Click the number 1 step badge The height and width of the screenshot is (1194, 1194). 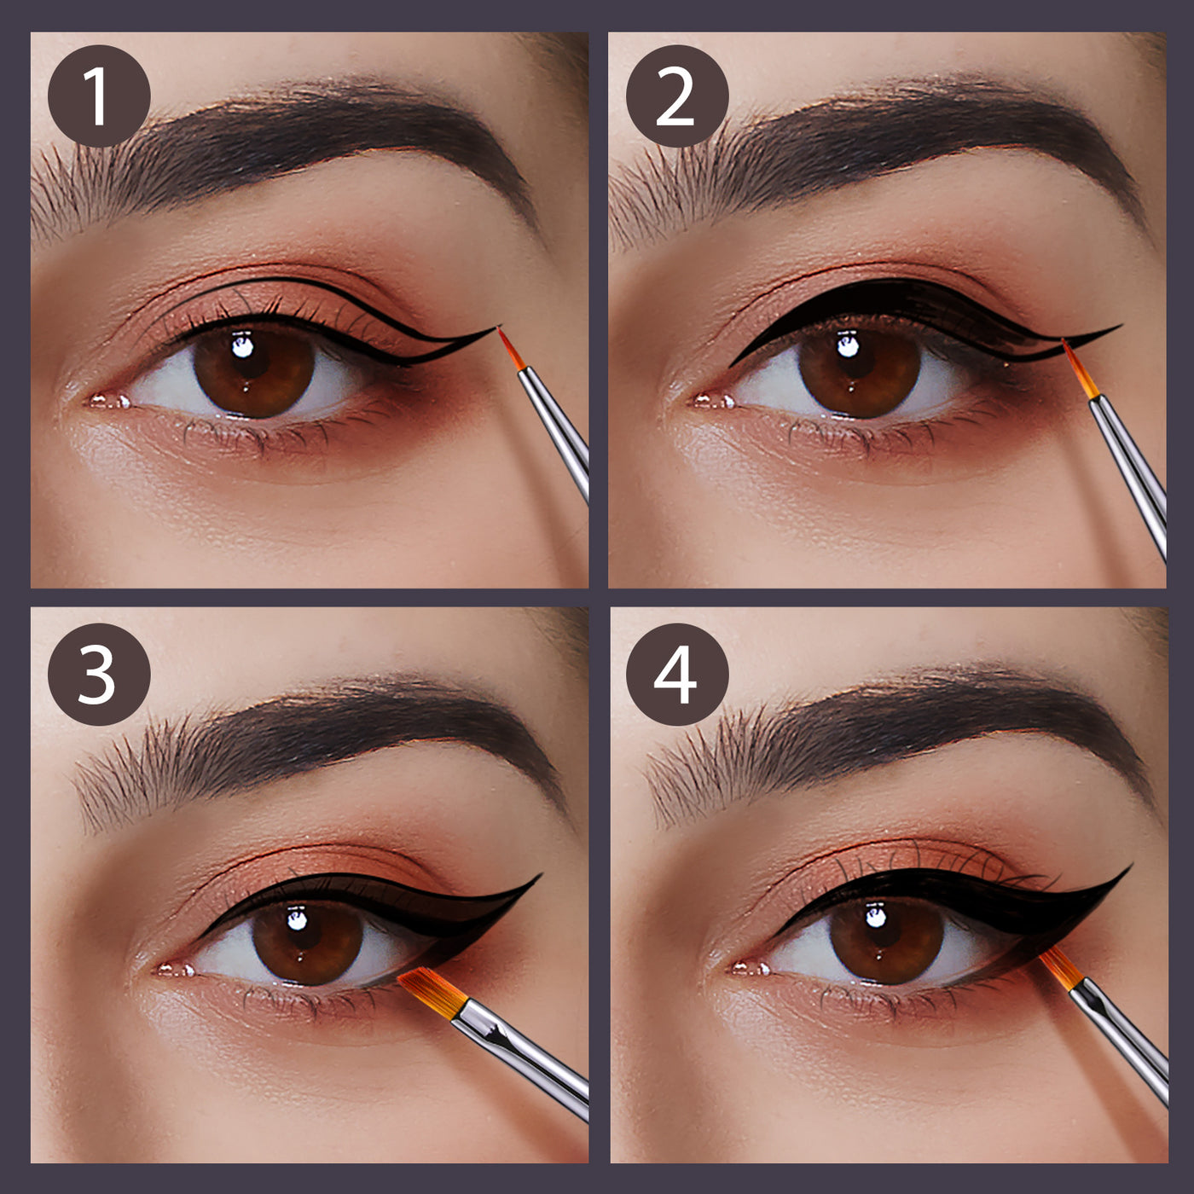point(99,96)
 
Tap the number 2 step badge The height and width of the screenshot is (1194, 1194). point(677,96)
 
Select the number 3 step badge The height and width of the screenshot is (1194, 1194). point(99,674)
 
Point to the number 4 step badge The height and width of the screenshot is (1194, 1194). point(677,674)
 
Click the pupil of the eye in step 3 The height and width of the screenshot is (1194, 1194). point(307,936)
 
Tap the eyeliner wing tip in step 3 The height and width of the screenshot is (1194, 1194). point(541,875)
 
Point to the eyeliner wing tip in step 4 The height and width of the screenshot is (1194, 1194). point(1132,865)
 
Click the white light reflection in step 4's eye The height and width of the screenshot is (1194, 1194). point(875,917)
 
